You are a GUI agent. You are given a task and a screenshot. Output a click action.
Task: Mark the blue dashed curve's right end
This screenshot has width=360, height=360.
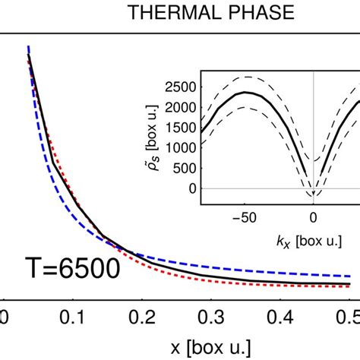pyautogui.click(x=350, y=276)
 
